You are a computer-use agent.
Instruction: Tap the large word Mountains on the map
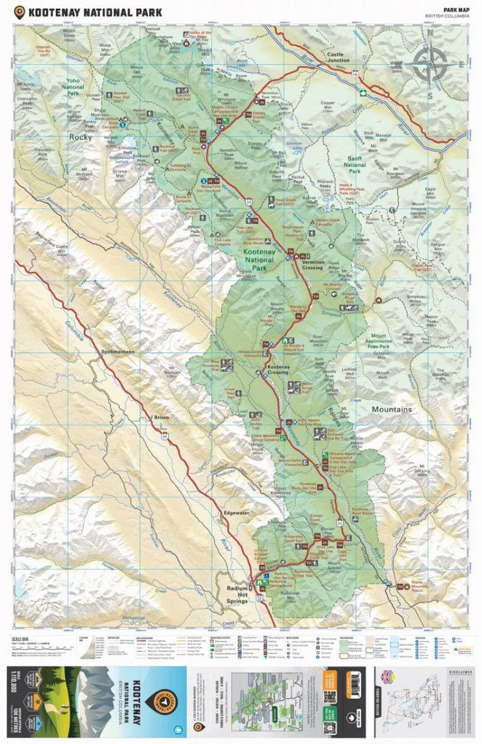coord(392,410)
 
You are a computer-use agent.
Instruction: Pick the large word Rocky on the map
coord(81,137)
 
